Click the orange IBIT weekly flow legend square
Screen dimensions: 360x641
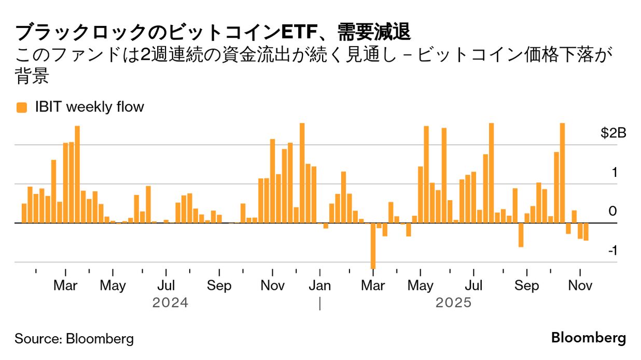pos(21,107)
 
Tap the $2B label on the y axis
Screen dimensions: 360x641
pos(614,133)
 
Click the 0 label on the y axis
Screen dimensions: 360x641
pos(612,212)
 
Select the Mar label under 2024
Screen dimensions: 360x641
pos(65,286)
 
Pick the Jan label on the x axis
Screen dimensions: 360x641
pos(320,286)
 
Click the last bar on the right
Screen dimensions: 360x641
pos(586,231)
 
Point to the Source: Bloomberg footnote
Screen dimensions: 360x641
pos(74,339)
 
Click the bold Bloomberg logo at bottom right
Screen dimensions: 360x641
pos(588,338)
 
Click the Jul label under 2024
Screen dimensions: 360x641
pos(166,286)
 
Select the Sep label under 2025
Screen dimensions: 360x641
pos(526,286)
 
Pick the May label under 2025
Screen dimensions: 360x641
pos(421,286)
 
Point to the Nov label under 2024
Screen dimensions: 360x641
pos(272,286)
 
